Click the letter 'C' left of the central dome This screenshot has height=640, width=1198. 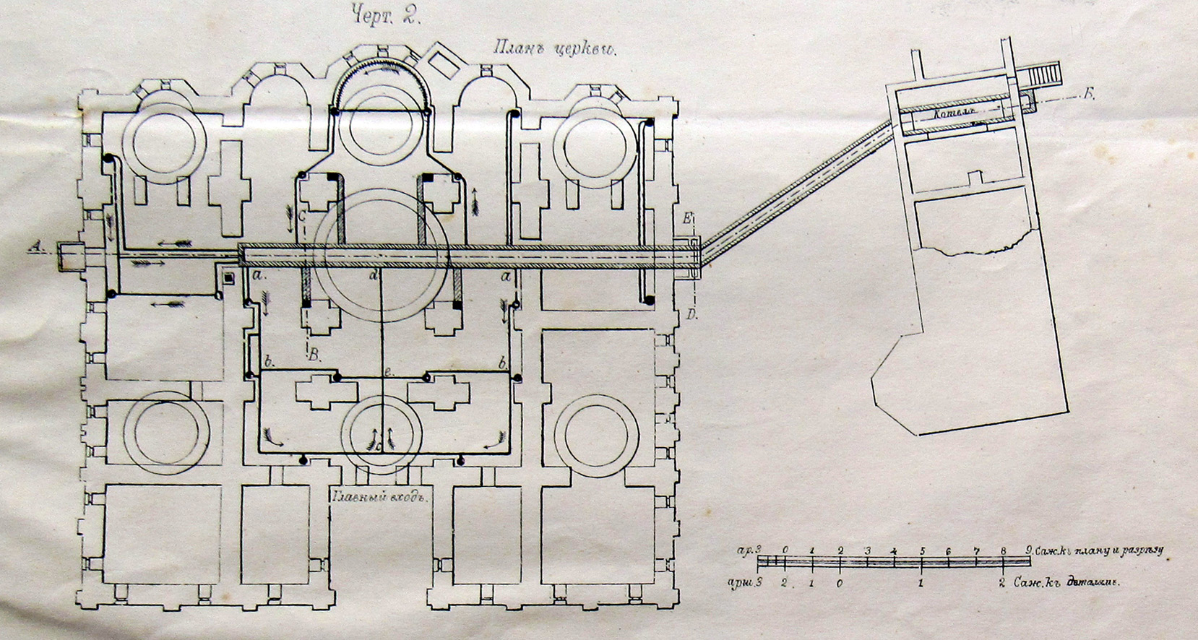pos(303,215)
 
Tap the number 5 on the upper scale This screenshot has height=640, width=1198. pos(922,551)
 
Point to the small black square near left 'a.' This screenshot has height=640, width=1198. pos(228,277)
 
